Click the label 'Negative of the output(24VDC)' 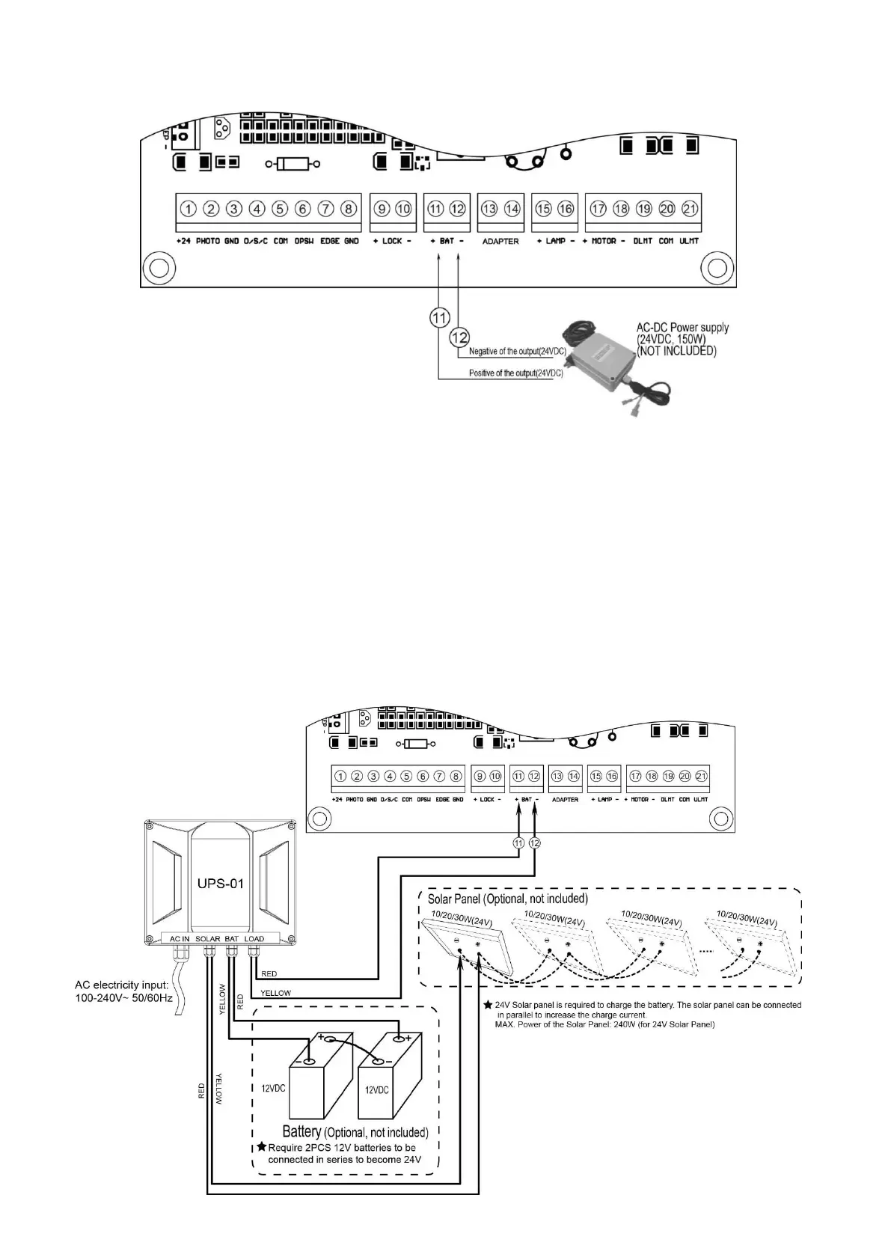(517, 351)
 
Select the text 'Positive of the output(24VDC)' (515, 373)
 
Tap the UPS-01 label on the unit (220, 884)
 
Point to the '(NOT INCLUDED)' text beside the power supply (676, 351)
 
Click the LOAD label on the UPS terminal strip (254, 938)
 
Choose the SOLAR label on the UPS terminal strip (207, 938)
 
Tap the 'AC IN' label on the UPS (180, 938)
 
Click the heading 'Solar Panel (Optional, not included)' (507, 898)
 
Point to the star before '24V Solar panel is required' (488, 1005)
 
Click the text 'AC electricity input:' (122, 985)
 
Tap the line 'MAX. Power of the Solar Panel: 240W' (604, 1024)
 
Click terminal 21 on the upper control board (689, 209)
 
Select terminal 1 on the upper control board (189, 209)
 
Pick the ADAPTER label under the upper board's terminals (500, 242)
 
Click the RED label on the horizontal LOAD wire (269, 973)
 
